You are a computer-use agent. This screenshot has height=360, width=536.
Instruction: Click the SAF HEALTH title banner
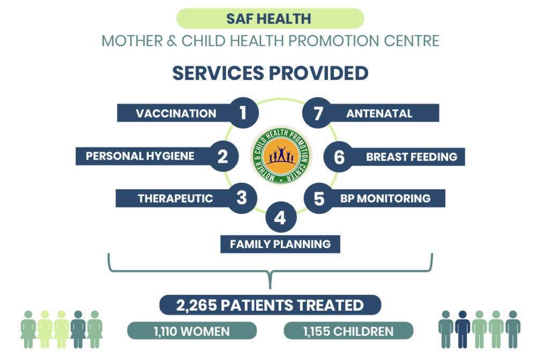click(x=270, y=18)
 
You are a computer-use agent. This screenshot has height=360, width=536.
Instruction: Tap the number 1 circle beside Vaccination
click(x=243, y=112)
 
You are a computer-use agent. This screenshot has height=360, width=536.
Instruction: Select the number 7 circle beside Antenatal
click(x=317, y=112)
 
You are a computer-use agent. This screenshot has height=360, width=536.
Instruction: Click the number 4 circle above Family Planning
click(x=281, y=217)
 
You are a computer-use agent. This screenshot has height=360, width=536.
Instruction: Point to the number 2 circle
click(x=223, y=156)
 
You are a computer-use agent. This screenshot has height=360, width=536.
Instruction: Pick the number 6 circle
click(x=339, y=157)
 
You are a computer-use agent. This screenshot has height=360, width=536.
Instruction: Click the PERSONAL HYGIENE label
click(x=140, y=156)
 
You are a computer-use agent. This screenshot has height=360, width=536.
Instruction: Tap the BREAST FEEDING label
click(x=412, y=157)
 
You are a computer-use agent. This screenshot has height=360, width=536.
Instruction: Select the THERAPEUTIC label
click(x=175, y=198)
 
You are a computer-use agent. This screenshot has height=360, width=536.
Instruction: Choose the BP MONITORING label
click(x=385, y=198)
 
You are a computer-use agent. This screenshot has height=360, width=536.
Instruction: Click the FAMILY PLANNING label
click(x=280, y=244)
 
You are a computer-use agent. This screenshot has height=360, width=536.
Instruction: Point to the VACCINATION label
click(x=176, y=113)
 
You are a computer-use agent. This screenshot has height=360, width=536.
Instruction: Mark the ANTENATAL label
click(x=379, y=113)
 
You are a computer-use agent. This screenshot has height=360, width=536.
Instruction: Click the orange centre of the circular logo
click(x=281, y=155)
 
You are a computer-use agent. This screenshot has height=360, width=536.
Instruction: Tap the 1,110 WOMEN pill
click(x=192, y=331)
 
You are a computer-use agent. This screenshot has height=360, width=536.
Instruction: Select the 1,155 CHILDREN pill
click(x=348, y=331)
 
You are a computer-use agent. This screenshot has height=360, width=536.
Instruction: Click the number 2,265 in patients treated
click(x=196, y=305)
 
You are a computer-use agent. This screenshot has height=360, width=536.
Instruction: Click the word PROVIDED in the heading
click(x=318, y=73)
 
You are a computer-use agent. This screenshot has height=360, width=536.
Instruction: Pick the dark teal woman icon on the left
click(x=78, y=329)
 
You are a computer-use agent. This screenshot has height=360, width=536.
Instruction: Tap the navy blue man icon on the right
click(x=463, y=329)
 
